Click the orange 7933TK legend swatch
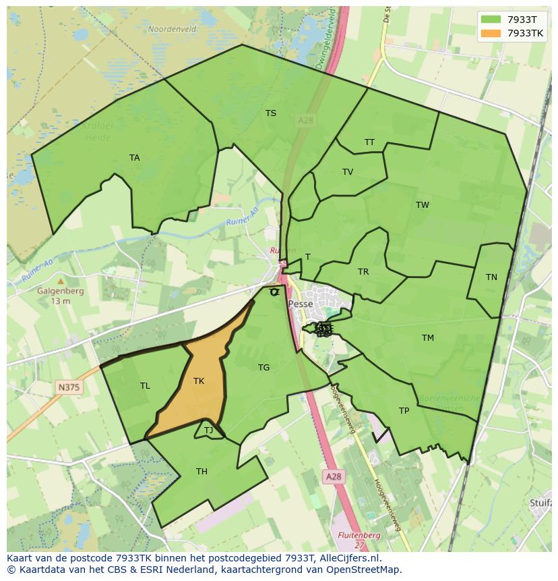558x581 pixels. coord(491,33)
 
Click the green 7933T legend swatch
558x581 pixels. coord(491,19)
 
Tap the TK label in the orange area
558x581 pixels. coord(199,381)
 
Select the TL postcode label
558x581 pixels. coord(145,386)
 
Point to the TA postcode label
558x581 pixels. coord(135,158)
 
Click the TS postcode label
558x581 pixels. coord(271,113)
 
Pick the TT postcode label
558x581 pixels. coord(369,142)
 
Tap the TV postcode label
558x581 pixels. coord(348,172)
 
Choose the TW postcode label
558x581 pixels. coord(423,205)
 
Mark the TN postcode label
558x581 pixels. coord(491,277)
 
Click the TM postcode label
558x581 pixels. coord(428,338)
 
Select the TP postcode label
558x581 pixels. coord(404,411)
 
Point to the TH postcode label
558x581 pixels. coord(201,472)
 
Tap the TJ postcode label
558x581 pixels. coord(208,431)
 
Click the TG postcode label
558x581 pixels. coord(263,368)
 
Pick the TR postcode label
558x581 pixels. coord(363,272)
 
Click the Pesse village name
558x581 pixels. coord(300,304)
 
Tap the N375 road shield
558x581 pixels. coord(67,387)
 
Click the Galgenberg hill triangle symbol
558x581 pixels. coord(61,281)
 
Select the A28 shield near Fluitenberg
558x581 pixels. coord(333,476)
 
